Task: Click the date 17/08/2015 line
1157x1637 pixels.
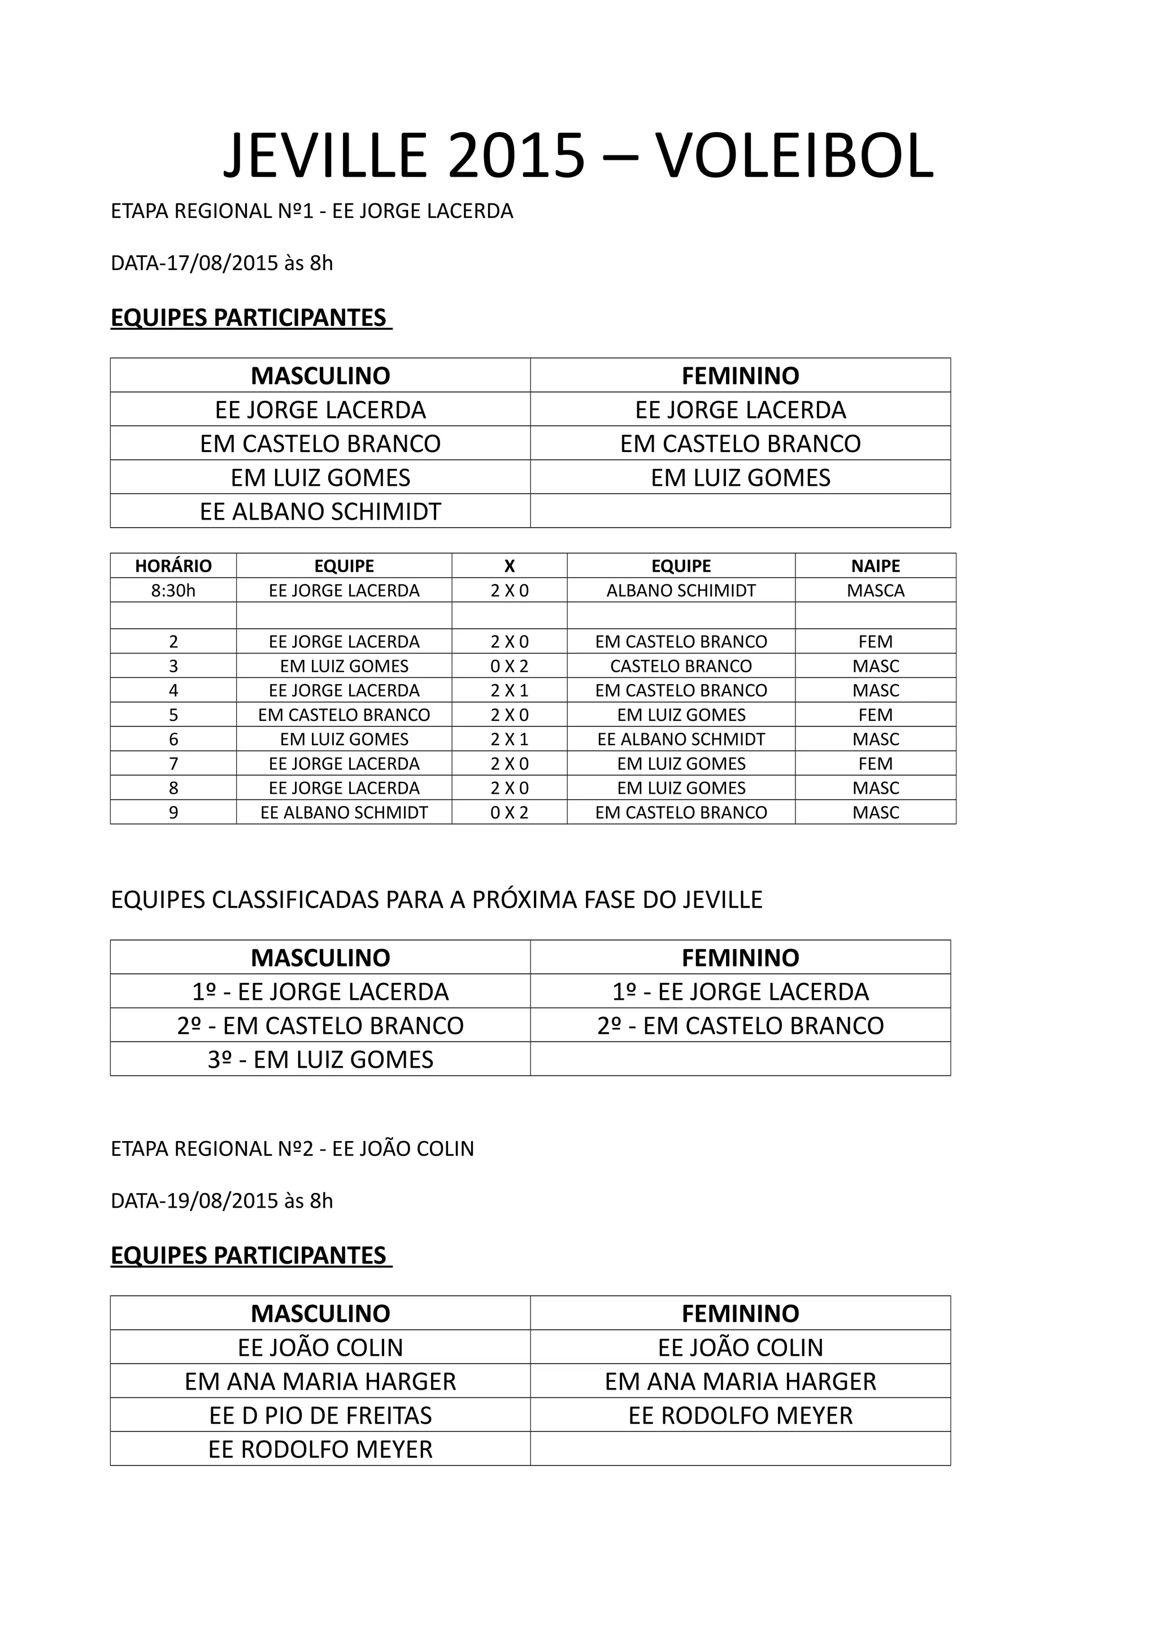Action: (x=221, y=263)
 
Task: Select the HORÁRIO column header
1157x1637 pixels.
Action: (x=173, y=565)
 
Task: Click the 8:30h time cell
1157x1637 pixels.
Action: (x=173, y=590)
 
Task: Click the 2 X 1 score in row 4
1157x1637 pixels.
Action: (x=509, y=690)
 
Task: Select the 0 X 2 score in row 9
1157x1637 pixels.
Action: (x=509, y=812)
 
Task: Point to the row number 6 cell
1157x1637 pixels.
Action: (x=173, y=739)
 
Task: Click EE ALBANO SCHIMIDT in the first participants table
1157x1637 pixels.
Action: (x=320, y=511)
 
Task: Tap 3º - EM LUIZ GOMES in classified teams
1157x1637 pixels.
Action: (x=320, y=1060)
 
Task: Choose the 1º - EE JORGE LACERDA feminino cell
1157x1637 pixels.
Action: (x=740, y=991)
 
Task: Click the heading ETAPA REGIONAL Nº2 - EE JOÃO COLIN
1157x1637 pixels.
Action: (x=292, y=1148)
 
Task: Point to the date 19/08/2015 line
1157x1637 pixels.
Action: (x=221, y=1201)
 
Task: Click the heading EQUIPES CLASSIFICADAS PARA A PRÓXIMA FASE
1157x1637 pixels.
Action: (x=436, y=900)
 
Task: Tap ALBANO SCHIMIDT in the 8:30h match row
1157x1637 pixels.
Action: (x=681, y=590)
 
